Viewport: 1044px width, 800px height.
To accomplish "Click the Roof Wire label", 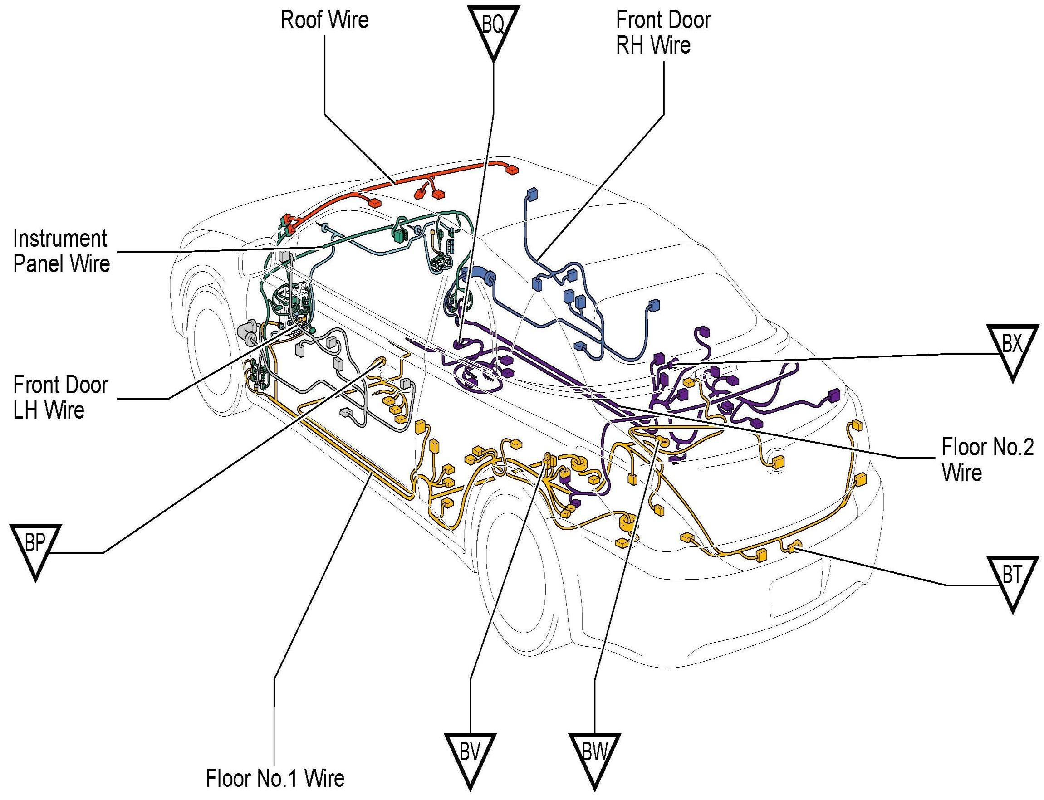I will [x=324, y=20].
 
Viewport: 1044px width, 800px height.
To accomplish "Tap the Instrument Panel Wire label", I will [x=61, y=251].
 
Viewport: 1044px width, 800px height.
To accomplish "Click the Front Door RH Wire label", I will [x=663, y=32].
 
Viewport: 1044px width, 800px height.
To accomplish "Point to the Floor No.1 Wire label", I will [x=275, y=778].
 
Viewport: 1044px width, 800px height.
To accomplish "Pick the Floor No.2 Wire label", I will [x=987, y=460].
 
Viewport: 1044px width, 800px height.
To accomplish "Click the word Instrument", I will [x=60, y=239].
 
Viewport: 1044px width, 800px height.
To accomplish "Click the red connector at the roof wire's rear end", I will [x=511, y=170].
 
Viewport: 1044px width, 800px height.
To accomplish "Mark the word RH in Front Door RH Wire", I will [x=631, y=46].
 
